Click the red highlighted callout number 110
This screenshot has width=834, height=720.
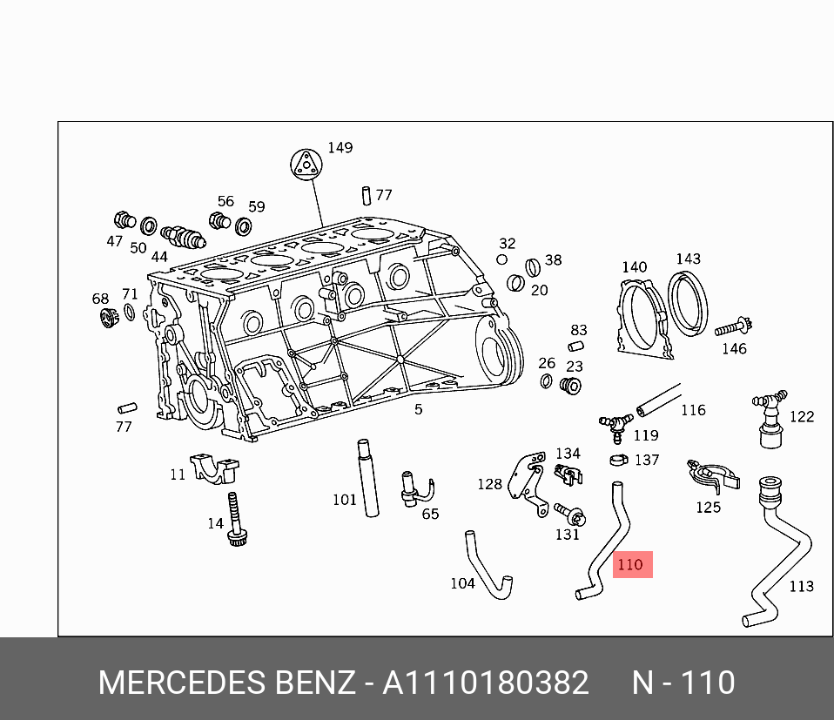(629, 565)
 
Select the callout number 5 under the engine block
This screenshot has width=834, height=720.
(419, 409)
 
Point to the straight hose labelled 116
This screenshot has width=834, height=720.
(658, 399)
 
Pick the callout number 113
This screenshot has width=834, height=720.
(801, 586)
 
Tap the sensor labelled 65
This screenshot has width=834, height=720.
(408, 488)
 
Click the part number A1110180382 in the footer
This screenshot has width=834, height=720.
(486, 683)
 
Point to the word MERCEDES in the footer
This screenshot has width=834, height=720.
(182, 683)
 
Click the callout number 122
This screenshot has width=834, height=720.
(802, 416)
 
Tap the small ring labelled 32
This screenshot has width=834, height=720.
(502, 259)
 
